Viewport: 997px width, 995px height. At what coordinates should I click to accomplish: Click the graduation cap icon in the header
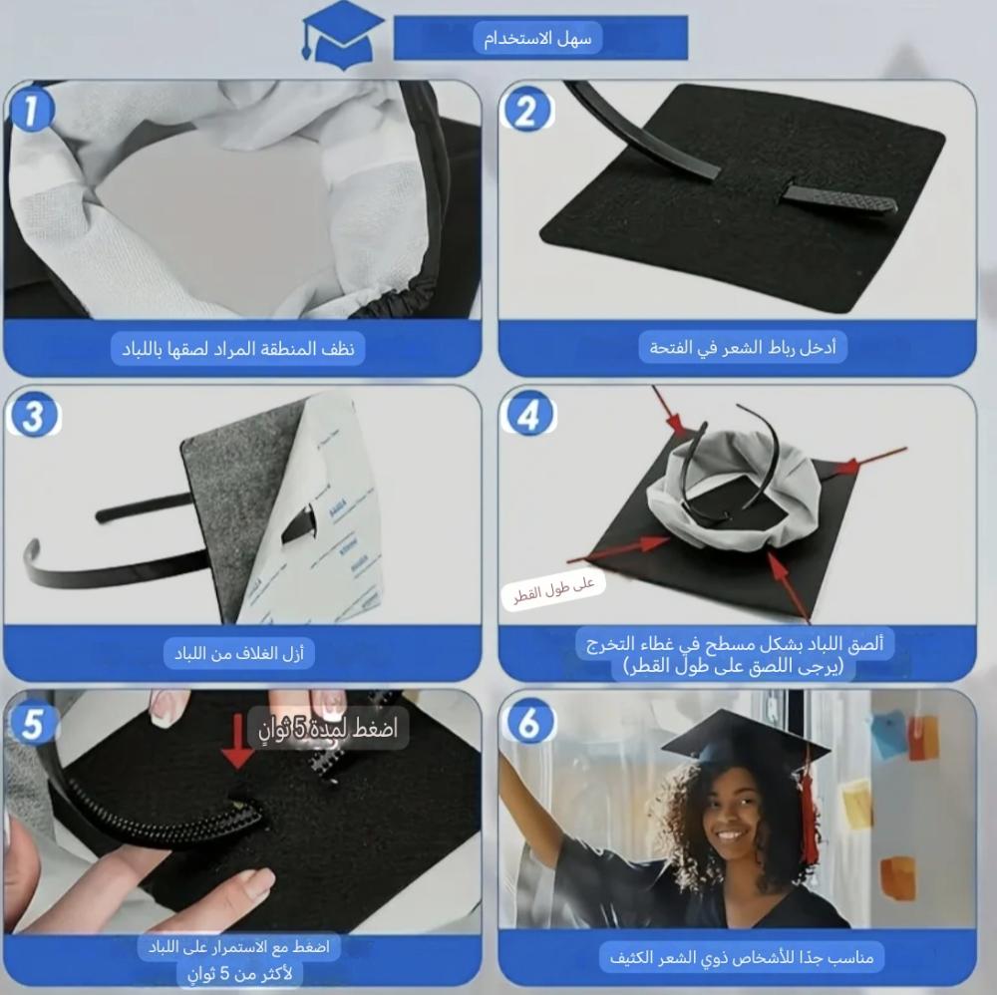pos(342,36)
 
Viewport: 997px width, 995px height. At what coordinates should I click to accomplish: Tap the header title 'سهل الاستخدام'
pos(538,38)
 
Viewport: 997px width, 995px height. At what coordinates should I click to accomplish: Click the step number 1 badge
pos(31,110)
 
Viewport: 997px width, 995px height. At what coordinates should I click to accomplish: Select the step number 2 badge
pos(526,110)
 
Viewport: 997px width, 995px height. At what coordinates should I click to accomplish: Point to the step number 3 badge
pos(33,416)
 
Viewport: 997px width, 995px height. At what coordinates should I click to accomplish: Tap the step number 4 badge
pos(527,415)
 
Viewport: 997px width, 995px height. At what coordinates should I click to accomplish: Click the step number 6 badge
pos(527,722)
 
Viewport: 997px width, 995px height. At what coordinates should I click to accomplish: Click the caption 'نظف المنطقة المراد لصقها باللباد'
pos(238,348)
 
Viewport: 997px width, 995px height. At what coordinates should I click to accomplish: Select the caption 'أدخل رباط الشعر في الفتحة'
pos(743,348)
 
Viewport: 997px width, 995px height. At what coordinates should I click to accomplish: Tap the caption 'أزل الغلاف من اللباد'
pos(239,654)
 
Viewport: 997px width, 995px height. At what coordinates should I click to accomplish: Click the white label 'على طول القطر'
pos(553,589)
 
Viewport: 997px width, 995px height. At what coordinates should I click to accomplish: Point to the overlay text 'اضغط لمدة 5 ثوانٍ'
pos(327,728)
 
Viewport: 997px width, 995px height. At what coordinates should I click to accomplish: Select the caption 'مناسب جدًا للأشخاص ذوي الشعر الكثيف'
pos(742,957)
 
